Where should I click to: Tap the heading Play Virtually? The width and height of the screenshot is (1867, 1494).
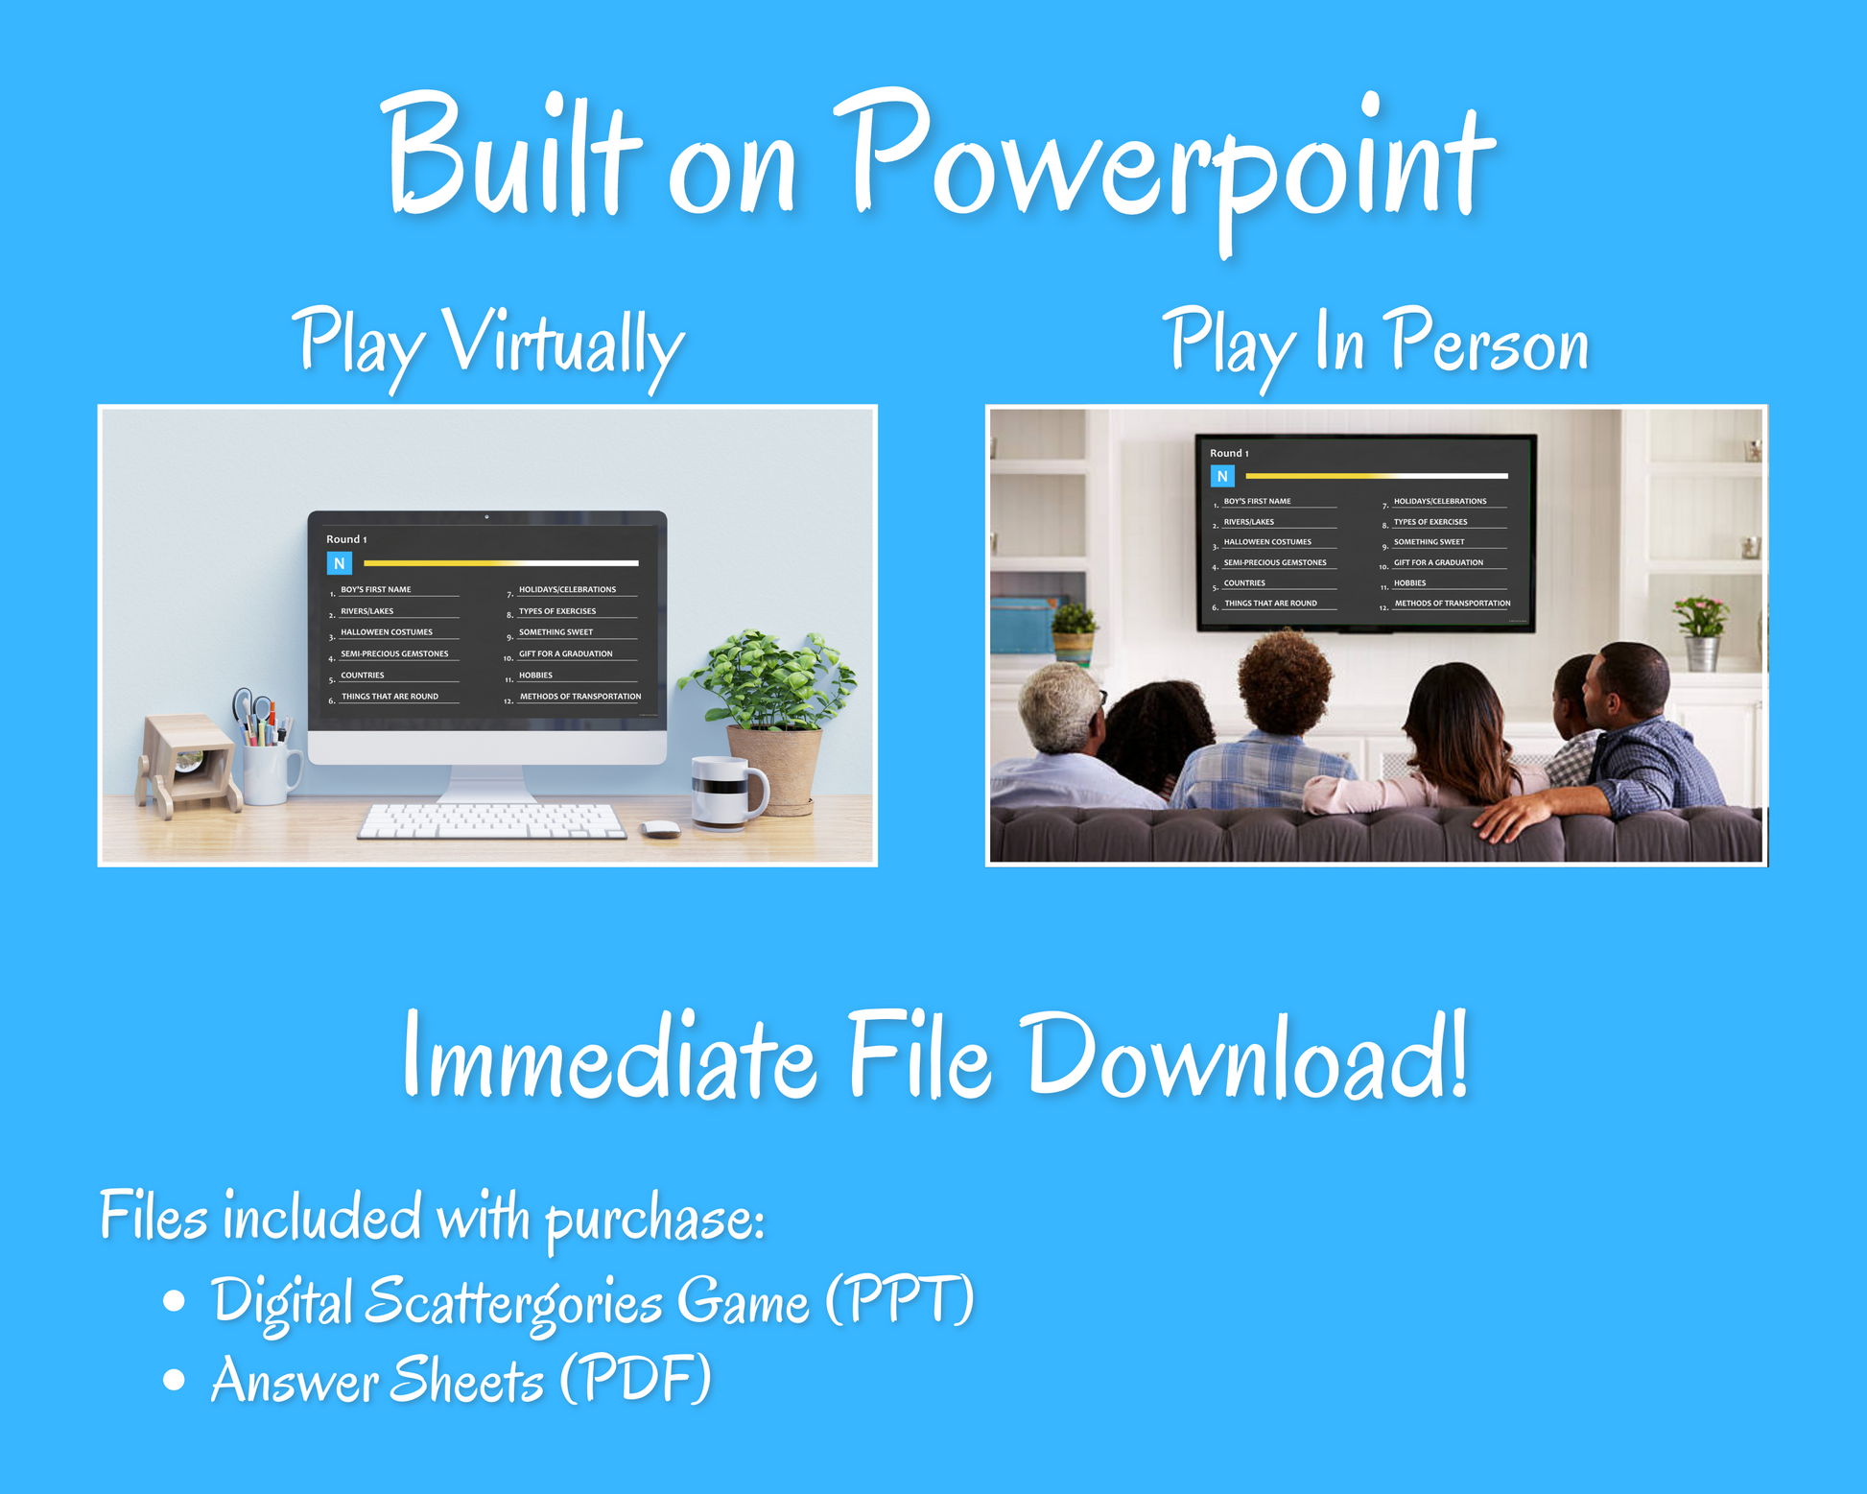click(488, 345)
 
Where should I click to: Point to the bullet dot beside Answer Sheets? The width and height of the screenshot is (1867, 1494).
click(174, 1379)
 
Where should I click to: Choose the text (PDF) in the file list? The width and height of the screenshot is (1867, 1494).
click(635, 1379)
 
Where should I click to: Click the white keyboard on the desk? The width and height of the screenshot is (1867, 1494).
click(492, 821)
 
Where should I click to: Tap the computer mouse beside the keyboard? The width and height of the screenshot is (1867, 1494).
click(660, 829)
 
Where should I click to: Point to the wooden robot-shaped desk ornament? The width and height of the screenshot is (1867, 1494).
click(187, 765)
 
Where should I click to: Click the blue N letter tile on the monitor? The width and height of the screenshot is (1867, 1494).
click(340, 563)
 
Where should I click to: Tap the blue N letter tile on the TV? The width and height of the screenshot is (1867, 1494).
click(1222, 476)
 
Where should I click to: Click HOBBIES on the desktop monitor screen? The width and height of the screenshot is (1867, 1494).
click(535, 676)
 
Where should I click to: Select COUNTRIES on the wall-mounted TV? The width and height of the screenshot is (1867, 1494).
click(1244, 583)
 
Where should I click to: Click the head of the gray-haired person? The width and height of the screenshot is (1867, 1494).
click(1061, 709)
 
